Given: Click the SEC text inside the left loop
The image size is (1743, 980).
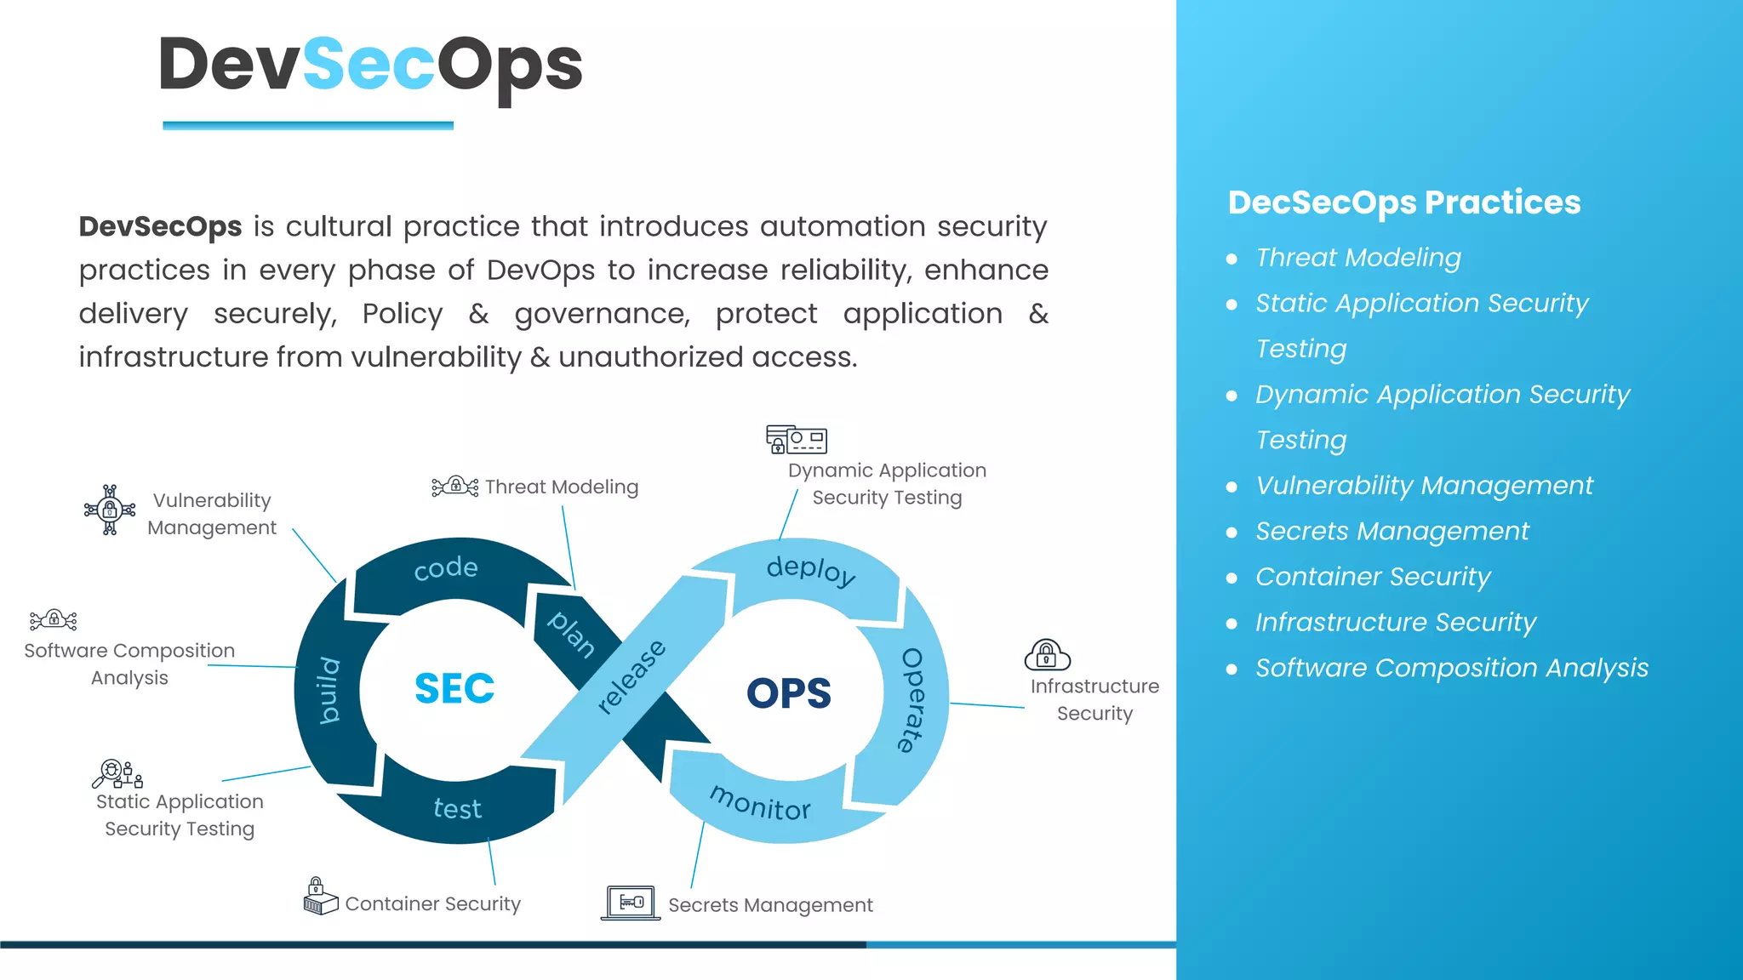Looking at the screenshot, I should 454,688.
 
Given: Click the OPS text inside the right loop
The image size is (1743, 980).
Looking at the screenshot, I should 788,692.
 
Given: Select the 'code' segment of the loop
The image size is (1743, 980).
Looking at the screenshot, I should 445,568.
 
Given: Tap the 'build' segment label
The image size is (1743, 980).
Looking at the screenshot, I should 329,690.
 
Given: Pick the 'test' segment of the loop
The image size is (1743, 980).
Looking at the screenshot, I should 457,808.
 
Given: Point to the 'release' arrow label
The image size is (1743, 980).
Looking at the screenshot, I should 631,676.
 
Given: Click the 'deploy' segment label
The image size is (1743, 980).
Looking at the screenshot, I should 810,570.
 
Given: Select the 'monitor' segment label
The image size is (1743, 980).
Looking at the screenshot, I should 760,803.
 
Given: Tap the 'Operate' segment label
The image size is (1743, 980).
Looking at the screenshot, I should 912,699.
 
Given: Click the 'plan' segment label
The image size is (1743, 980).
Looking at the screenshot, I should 571,634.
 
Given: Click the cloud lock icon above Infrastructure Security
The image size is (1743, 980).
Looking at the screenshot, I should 1047,655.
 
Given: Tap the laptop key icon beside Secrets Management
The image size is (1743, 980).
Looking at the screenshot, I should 631,903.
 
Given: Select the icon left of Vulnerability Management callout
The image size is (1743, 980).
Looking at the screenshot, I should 110,510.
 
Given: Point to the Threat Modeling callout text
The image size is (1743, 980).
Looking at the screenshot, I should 561,487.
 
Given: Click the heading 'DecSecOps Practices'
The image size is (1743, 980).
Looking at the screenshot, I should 1403,202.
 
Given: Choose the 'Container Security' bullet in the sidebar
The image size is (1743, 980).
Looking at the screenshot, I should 1372,577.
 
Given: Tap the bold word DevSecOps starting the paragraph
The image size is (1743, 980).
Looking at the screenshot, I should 160,226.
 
